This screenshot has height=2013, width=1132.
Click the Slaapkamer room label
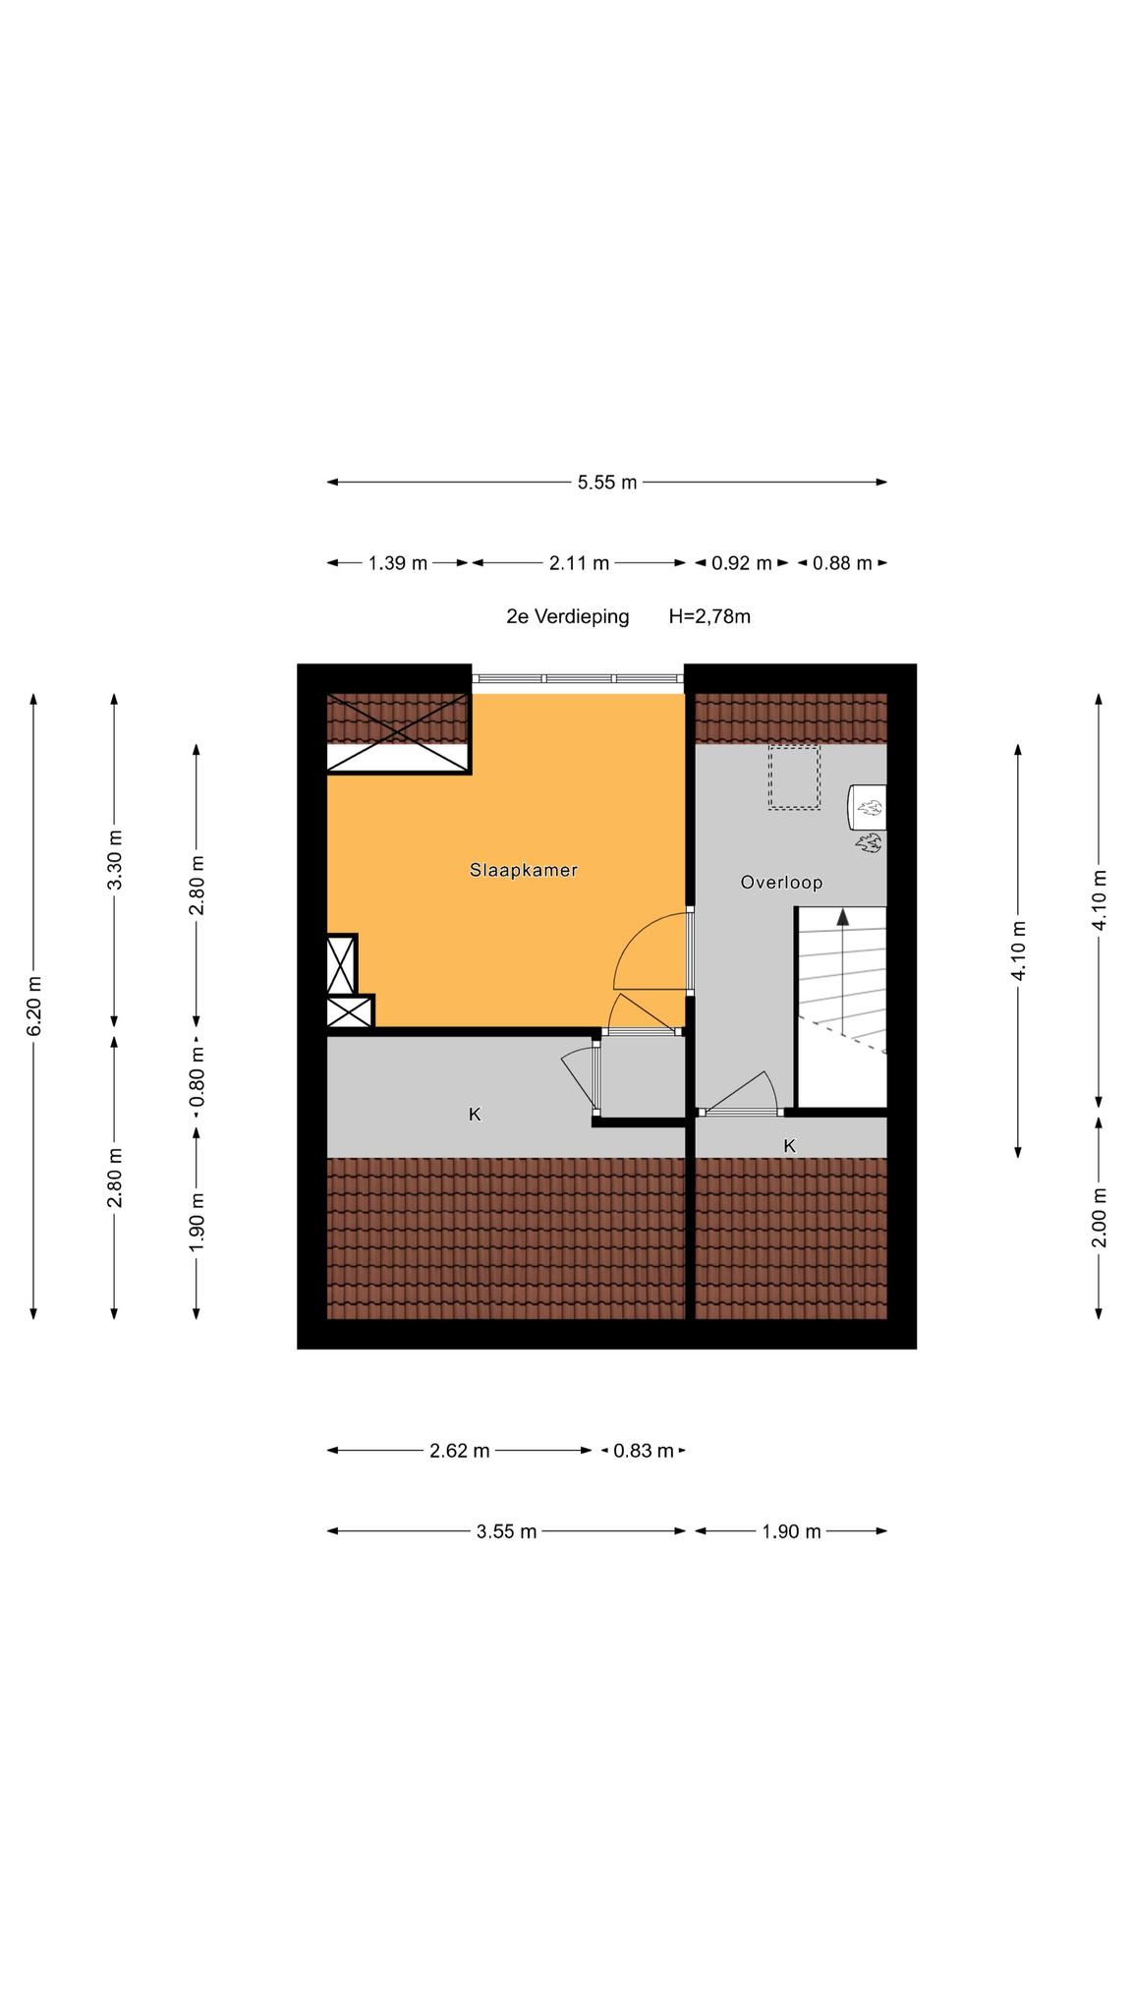coord(523,870)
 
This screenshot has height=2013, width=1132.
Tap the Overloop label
coord(781,883)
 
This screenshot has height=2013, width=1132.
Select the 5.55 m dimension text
coord(607,482)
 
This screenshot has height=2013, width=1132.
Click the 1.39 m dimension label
coord(398,563)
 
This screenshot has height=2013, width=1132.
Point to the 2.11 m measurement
coord(579,563)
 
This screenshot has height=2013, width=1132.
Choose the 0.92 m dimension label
coord(742,563)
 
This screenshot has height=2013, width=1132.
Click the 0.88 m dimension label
coord(842,563)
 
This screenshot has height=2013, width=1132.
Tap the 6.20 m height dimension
coord(34,1005)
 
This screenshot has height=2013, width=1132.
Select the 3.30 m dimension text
coord(115,859)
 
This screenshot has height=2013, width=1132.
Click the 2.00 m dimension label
coord(1100,1217)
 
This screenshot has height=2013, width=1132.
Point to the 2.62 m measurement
coord(459,1451)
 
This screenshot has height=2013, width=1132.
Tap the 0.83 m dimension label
coord(644,1451)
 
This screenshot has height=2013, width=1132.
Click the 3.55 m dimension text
coord(507,1531)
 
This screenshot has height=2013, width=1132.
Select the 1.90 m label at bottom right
coord(791,1531)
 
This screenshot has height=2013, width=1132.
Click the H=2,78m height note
coord(709,616)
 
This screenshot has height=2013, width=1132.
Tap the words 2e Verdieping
coord(567,616)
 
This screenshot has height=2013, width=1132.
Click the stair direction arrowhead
coord(843,916)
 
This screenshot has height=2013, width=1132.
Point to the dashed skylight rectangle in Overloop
coord(794,777)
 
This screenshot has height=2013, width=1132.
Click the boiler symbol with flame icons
coord(867,817)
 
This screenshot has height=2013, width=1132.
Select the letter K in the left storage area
coord(475,1115)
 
